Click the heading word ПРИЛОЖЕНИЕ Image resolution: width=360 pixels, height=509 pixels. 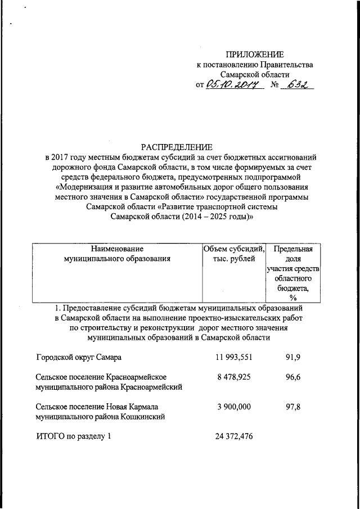[255, 54]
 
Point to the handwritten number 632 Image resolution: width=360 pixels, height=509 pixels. [300, 84]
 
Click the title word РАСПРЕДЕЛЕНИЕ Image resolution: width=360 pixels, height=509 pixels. [180, 146]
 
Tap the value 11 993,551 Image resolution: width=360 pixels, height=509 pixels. [234, 358]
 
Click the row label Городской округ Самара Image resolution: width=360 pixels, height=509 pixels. [79, 358]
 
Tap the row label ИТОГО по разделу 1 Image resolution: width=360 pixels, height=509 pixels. [74, 436]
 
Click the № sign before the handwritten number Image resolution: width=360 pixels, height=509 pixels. [275, 85]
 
